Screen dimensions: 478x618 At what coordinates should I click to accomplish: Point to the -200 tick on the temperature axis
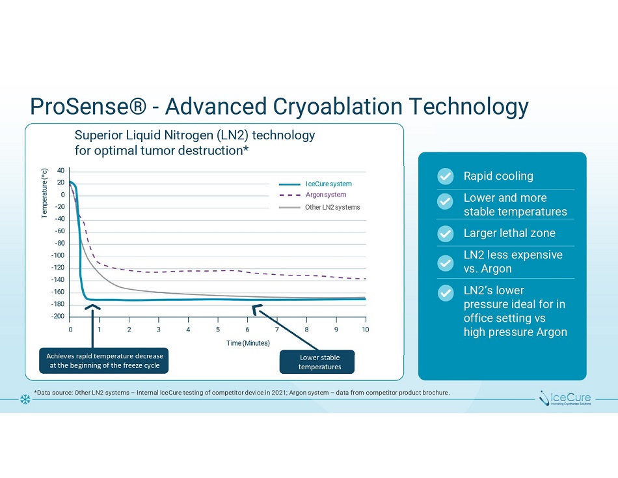59,316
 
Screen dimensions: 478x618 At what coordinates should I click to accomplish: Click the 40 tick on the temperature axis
60,171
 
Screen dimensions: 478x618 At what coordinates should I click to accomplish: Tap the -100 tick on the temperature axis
59,256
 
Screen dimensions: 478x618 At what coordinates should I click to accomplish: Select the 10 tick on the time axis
366,330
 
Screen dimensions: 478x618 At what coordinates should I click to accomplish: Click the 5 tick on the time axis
218,330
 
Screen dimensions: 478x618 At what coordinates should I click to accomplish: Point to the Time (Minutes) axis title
248,343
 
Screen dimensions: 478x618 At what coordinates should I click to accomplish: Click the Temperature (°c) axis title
45,193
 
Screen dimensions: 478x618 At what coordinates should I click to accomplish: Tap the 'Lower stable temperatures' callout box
319,362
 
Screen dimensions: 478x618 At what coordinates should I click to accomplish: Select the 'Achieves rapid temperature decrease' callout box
105,361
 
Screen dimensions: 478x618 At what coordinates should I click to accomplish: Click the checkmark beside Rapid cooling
445,176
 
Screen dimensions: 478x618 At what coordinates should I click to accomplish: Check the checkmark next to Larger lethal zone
445,233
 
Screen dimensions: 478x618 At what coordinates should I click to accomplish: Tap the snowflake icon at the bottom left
26,398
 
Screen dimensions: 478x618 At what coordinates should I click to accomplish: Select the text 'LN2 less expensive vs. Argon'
513,262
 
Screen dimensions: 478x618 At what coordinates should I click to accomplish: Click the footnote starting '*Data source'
241,393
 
